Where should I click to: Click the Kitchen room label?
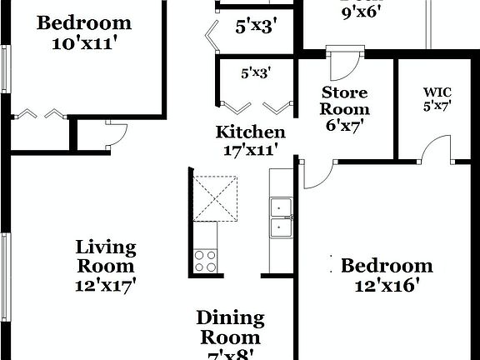250,132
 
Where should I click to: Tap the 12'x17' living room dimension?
105,284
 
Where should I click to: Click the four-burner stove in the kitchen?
205,260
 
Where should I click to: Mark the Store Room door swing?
343,62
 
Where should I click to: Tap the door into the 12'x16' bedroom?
317,174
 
